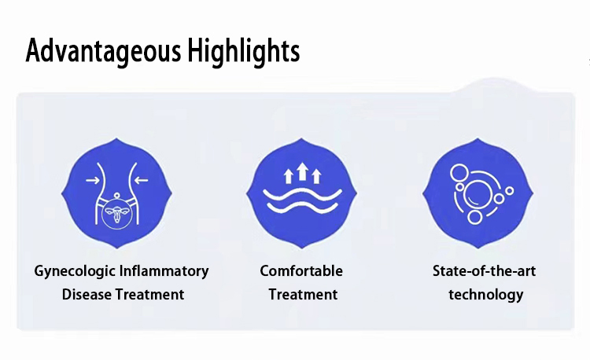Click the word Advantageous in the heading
point(103,52)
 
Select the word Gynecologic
point(74,271)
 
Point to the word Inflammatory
point(164,271)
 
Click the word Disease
point(87,295)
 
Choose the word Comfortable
point(301,271)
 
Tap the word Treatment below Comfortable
point(303,295)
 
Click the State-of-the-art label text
point(484,271)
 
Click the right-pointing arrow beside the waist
point(92,181)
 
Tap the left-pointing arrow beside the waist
point(142,181)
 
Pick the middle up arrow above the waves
point(303,171)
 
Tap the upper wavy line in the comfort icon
point(303,192)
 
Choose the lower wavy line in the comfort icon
point(303,208)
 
